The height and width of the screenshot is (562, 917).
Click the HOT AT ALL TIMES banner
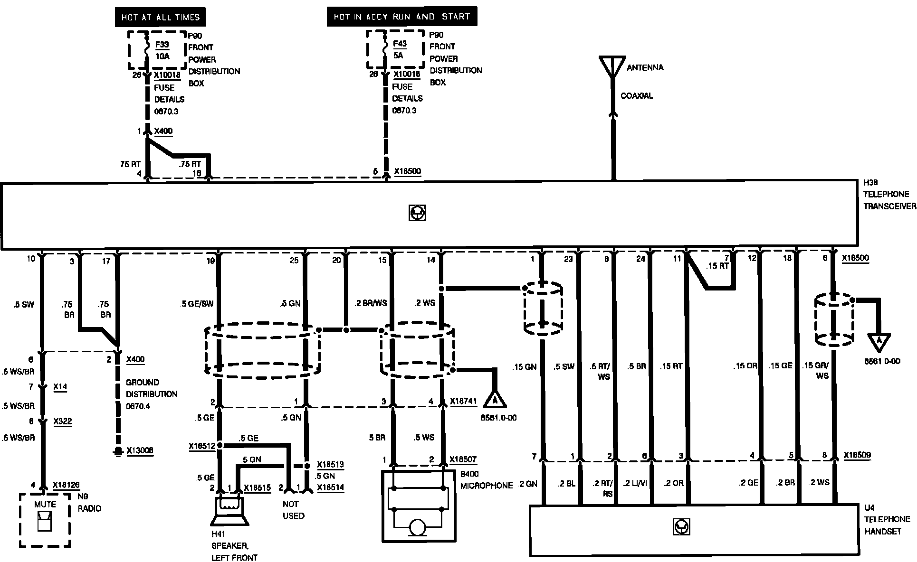click(161, 18)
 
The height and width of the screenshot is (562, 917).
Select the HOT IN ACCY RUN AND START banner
click(401, 17)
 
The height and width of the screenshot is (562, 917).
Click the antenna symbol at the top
click(612, 67)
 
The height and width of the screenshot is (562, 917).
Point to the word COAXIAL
click(637, 96)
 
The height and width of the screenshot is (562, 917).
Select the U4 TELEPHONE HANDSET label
click(887, 520)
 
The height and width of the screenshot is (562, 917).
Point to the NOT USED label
click(293, 510)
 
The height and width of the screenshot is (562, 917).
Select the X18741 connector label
click(463, 401)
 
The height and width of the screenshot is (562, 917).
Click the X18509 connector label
click(857, 455)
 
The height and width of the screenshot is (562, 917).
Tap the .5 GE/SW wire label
click(197, 304)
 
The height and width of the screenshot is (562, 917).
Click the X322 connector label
click(62, 421)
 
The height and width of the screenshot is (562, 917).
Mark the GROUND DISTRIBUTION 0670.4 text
click(151, 394)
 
